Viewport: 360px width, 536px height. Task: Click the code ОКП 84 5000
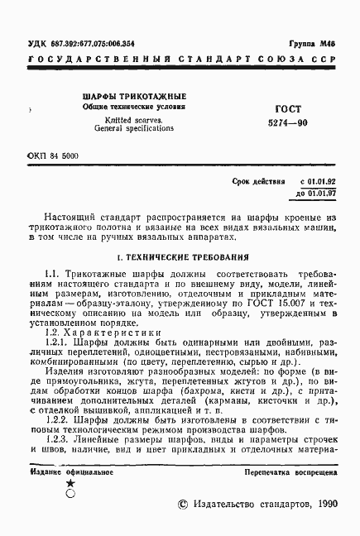pyautogui.click(x=54, y=156)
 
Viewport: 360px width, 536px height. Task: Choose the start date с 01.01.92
pyautogui.click(x=314, y=179)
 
